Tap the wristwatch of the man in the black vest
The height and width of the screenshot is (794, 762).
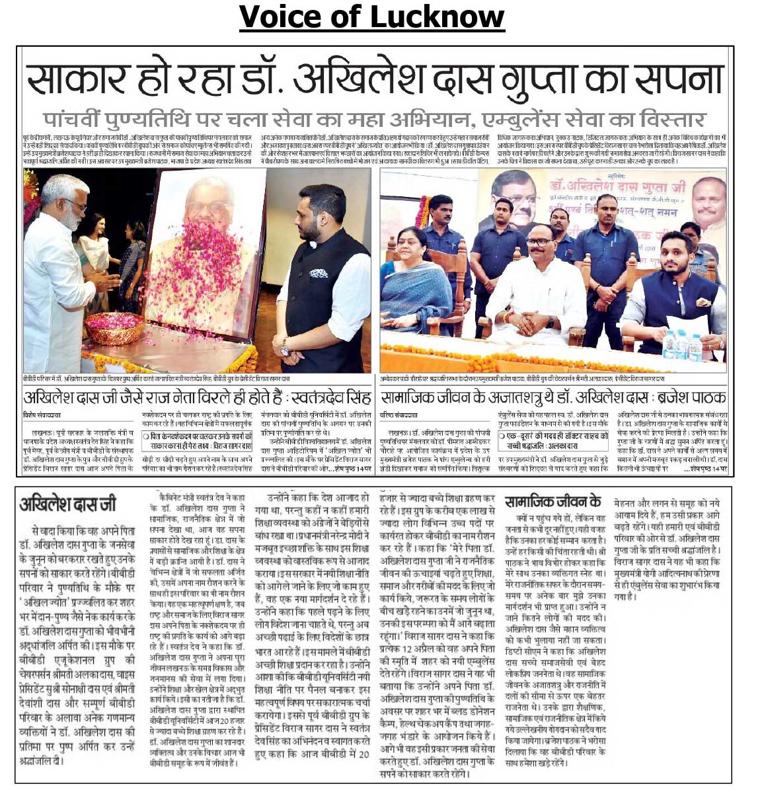285,346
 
